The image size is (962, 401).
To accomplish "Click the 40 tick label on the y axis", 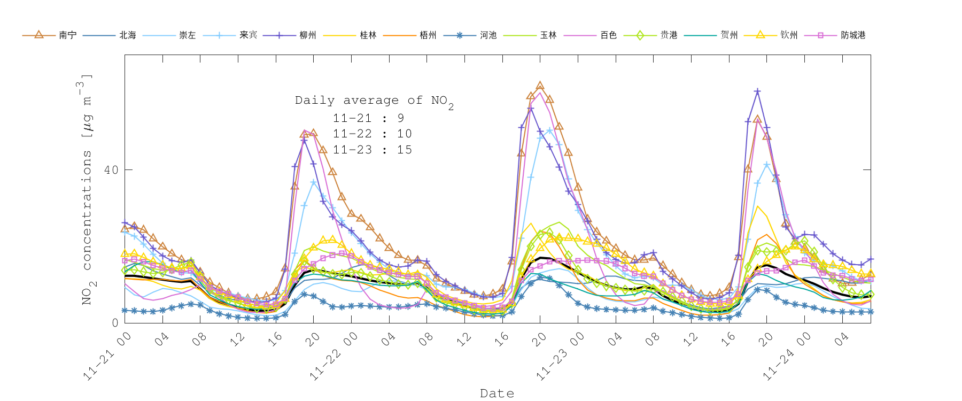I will coord(111,170).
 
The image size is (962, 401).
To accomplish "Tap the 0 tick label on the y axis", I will coord(115,323).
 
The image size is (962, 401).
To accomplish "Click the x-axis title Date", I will coord(497,394).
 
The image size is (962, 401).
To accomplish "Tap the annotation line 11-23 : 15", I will coord(373,150).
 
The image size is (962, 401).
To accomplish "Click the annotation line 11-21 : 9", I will coord(369,118).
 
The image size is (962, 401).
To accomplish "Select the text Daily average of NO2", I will coord(374,101).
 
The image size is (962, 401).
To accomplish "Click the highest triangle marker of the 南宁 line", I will coord(540,86).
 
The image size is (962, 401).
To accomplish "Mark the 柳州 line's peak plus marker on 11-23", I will coord(757,91).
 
